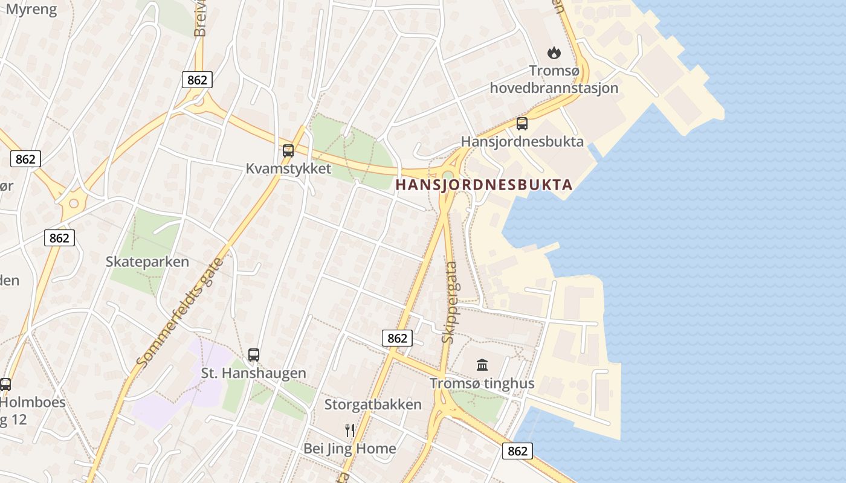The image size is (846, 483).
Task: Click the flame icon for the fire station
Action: (x=554, y=53)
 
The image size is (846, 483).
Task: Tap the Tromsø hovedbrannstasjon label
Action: (x=554, y=80)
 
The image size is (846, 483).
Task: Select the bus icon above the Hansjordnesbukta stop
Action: (x=522, y=124)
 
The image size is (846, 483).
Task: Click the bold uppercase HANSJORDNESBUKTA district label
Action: (x=483, y=185)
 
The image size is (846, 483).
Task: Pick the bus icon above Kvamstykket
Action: (x=288, y=151)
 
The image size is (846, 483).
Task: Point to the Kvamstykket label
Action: (x=288, y=168)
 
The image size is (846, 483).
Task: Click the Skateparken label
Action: (x=147, y=261)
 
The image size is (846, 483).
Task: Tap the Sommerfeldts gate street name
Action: (x=180, y=312)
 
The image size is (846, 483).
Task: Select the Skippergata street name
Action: (x=450, y=302)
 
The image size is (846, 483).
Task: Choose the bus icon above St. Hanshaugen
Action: (x=254, y=355)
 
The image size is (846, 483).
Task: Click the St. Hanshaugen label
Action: (x=254, y=373)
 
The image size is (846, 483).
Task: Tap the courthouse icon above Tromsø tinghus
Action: (x=482, y=365)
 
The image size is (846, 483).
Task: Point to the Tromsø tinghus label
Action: (x=482, y=383)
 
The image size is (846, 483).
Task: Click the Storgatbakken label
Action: (x=373, y=405)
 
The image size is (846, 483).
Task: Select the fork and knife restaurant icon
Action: (x=350, y=430)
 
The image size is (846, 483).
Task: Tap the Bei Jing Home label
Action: (x=350, y=449)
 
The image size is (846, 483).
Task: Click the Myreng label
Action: (x=31, y=9)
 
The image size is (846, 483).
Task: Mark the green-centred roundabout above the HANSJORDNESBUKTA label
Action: (x=447, y=176)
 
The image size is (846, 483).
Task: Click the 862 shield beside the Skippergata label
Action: (x=397, y=338)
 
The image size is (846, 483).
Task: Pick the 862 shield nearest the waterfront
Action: (x=518, y=450)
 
